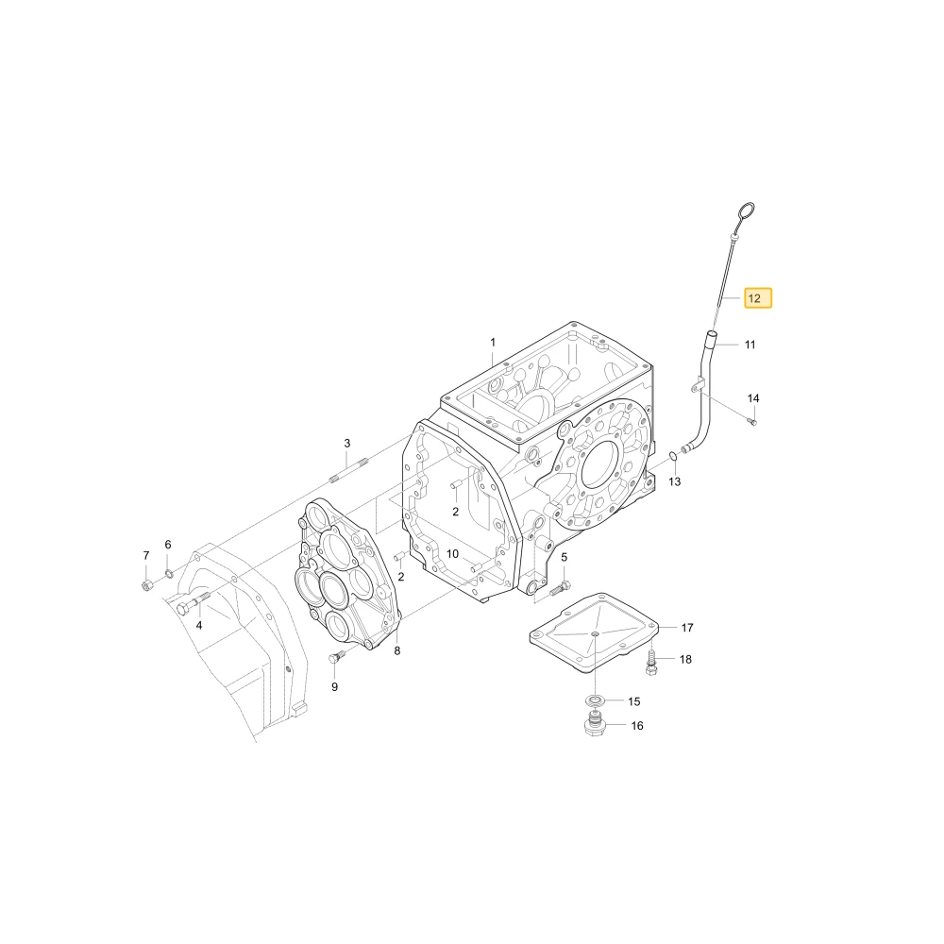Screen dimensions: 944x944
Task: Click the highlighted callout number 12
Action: pyautogui.click(x=757, y=298)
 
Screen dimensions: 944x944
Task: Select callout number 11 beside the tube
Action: pyautogui.click(x=750, y=345)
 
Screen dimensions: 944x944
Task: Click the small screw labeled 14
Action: pyautogui.click(x=751, y=421)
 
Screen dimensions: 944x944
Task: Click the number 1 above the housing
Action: pyautogui.click(x=493, y=343)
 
